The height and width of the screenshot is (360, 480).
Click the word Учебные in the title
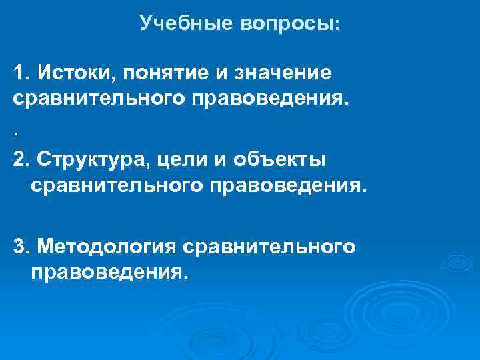[177, 24]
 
